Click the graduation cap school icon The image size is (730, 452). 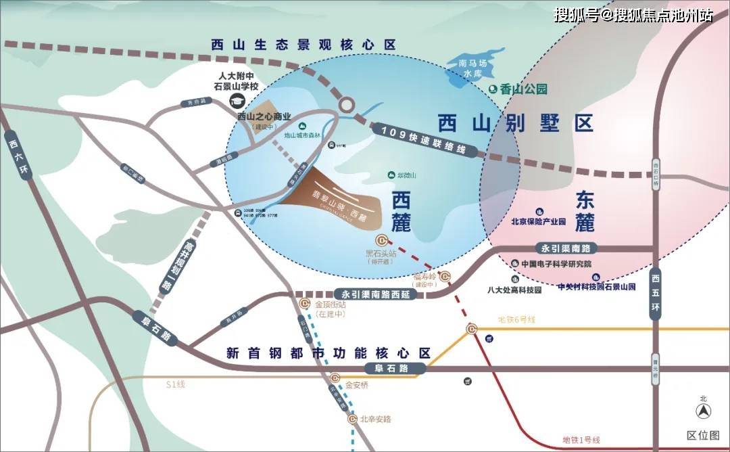pyautogui.click(x=237, y=101)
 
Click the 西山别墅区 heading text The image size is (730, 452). pyautogui.click(x=515, y=123)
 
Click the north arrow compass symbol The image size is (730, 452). pyautogui.click(x=703, y=410)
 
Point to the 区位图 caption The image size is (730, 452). pyautogui.click(x=703, y=435)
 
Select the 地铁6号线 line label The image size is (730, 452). pyautogui.click(x=516, y=319)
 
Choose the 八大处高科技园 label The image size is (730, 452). pyautogui.click(x=515, y=290)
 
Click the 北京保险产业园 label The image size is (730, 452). pyautogui.click(x=538, y=221)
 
